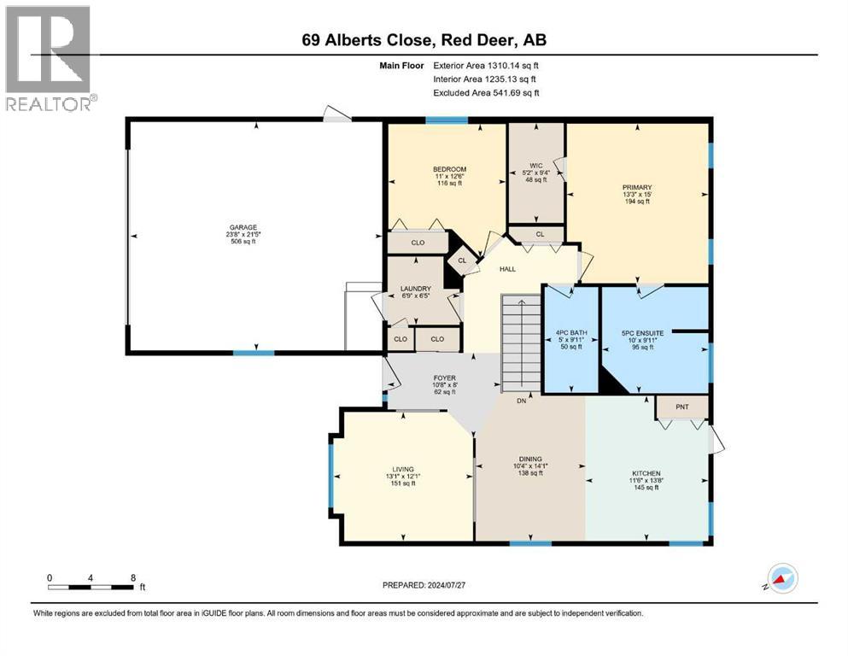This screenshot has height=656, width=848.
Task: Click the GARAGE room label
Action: pyautogui.click(x=242, y=227)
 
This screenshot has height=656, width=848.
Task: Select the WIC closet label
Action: pyautogui.click(x=535, y=166)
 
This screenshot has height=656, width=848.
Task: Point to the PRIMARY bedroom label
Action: pyautogui.click(x=637, y=187)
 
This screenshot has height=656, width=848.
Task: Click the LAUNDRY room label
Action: pyautogui.click(x=416, y=289)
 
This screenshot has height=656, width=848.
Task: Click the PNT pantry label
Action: pyautogui.click(x=681, y=407)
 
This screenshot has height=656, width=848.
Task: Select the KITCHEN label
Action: pyautogui.click(x=646, y=473)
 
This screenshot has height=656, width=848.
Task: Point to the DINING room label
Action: pyautogui.click(x=529, y=459)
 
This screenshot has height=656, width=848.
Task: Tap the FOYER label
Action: pyautogui.click(x=444, y=378)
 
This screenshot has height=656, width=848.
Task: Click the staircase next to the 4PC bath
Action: pyautogui.click(x=520, y=342)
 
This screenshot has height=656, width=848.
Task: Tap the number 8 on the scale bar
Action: pyautogui.click(x=132, y=577)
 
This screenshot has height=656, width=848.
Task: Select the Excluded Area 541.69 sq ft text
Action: pyautogui.click(x=486, y=92)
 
